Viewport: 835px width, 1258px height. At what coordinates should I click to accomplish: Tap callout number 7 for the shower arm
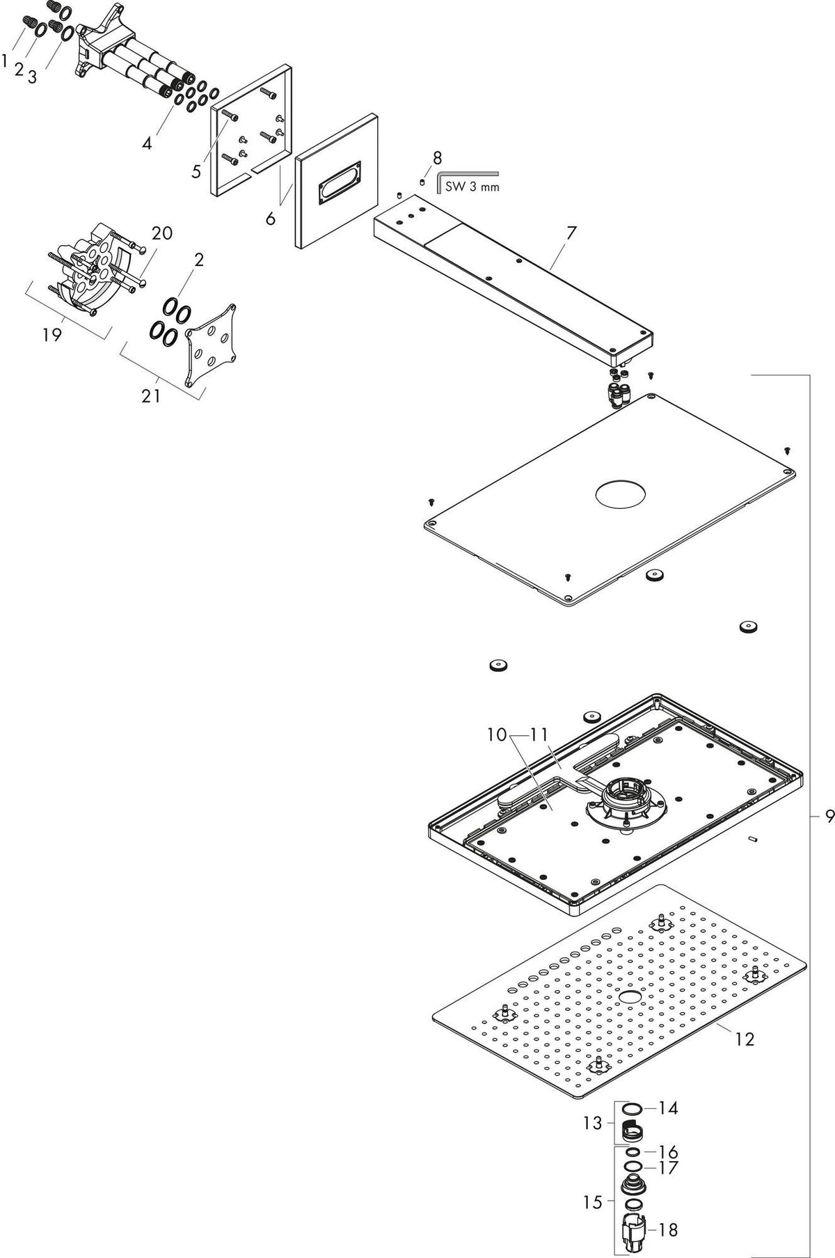[x=571, y=233]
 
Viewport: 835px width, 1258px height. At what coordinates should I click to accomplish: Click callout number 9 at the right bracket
[x=829, y=817]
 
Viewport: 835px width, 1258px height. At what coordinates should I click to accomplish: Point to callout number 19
[x=51, y=335]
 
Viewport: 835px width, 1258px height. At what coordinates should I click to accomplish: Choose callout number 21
[x=151, y=396]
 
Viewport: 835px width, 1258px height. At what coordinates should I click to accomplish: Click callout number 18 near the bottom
[x=668, y=1230]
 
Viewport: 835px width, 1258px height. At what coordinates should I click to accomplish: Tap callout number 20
[x=162, y=233]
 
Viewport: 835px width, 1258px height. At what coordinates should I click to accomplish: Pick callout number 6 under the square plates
[x=270, y=218]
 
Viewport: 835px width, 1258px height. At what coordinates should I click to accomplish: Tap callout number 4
[x=147, y=143]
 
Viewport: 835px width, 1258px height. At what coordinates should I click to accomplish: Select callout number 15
[x=593, y=1202]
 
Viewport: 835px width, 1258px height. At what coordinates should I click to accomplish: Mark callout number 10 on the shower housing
[x=497, y=734]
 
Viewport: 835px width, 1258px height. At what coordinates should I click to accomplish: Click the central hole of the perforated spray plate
[x=628, y=998]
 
